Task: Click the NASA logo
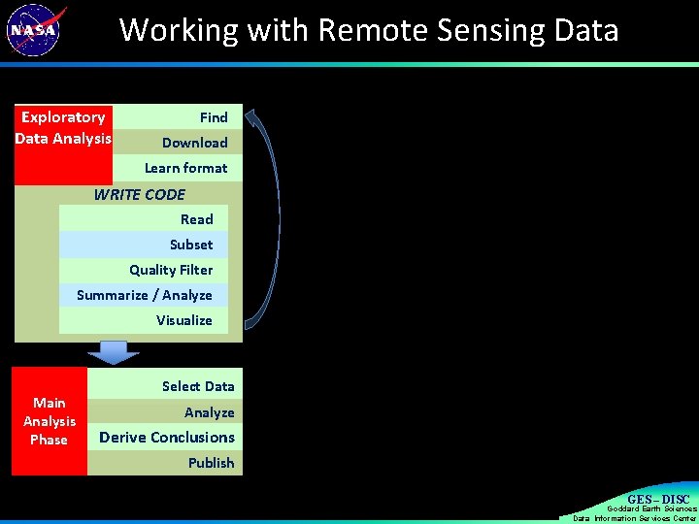point(35,29)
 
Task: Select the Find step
point(214,117)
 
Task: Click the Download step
point(194,143)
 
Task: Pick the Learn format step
point(185,168)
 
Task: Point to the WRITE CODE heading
point(139,194)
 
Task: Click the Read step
point(196,219)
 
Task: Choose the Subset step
point(190,245)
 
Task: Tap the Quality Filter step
point(171,270)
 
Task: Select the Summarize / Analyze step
point(144,295)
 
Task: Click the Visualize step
point(183,320)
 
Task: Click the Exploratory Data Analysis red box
point(63,144)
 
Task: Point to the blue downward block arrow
point(114,351)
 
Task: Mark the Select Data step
point(198,386)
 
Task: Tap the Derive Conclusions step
point(166,438)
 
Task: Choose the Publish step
point(211,463)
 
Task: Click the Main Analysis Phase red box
point(50,421)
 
